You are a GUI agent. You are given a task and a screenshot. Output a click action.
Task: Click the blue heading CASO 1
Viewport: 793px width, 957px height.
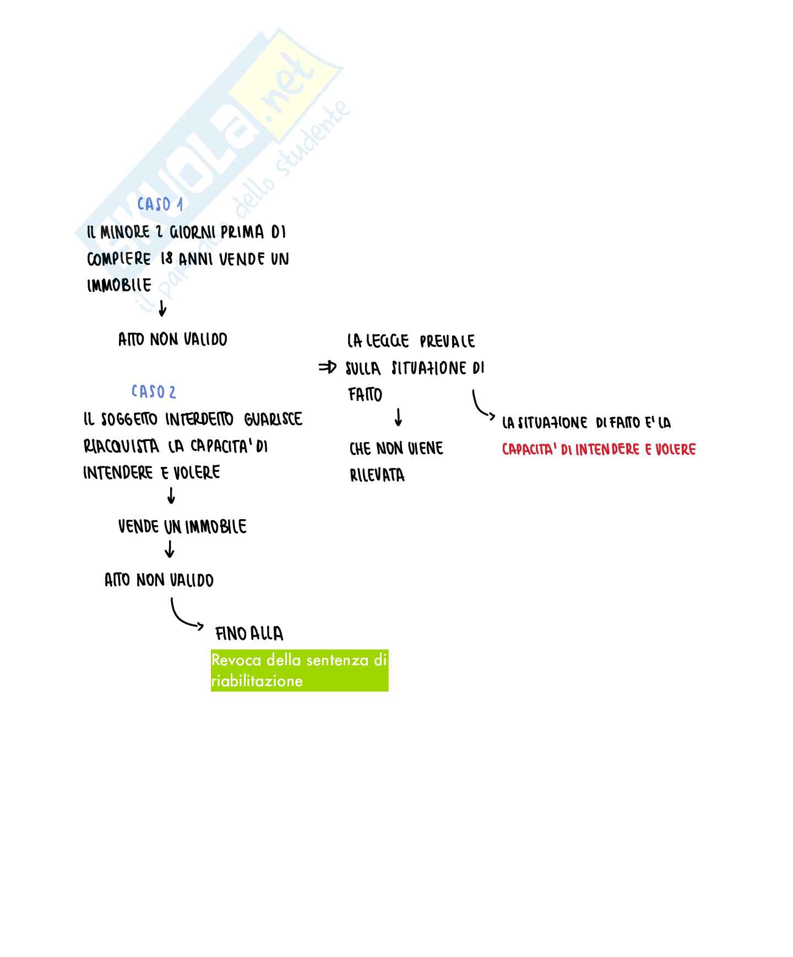pos(160,204)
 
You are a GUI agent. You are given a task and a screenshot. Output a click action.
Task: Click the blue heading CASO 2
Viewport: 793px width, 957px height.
pos(154,392)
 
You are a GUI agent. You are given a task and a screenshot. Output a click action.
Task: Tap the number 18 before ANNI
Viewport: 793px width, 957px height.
pos(166,259)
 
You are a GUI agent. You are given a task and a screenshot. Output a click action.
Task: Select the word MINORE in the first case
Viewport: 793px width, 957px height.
pos(125,232)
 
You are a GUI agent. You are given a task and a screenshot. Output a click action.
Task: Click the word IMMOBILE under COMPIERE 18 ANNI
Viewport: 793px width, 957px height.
pos(119,285)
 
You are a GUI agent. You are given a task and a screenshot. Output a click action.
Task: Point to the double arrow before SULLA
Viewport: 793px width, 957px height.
pos(327,368)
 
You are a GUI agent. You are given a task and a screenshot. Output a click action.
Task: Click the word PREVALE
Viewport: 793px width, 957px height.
pos(447,341)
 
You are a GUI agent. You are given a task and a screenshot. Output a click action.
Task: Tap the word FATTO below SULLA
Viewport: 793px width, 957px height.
pos(365,395)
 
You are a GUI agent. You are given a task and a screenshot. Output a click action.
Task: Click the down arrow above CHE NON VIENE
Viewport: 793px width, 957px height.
pos(398,417)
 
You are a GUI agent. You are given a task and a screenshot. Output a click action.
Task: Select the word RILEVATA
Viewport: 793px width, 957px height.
pos(377,475)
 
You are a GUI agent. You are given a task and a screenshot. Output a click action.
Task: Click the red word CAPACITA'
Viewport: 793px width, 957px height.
pos(529,450)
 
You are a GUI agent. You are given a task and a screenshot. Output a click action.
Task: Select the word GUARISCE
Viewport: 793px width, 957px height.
pos(273,420)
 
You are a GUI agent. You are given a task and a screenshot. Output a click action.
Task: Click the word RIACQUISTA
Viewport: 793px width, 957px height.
pos(121,446)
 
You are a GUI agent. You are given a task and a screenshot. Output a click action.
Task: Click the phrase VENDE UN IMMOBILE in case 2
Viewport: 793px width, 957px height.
pos(182,527)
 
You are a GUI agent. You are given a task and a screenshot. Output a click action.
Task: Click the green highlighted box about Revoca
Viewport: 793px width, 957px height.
pos(300,670)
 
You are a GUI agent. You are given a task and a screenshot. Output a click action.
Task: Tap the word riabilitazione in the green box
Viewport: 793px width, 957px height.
pos(257,681)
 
